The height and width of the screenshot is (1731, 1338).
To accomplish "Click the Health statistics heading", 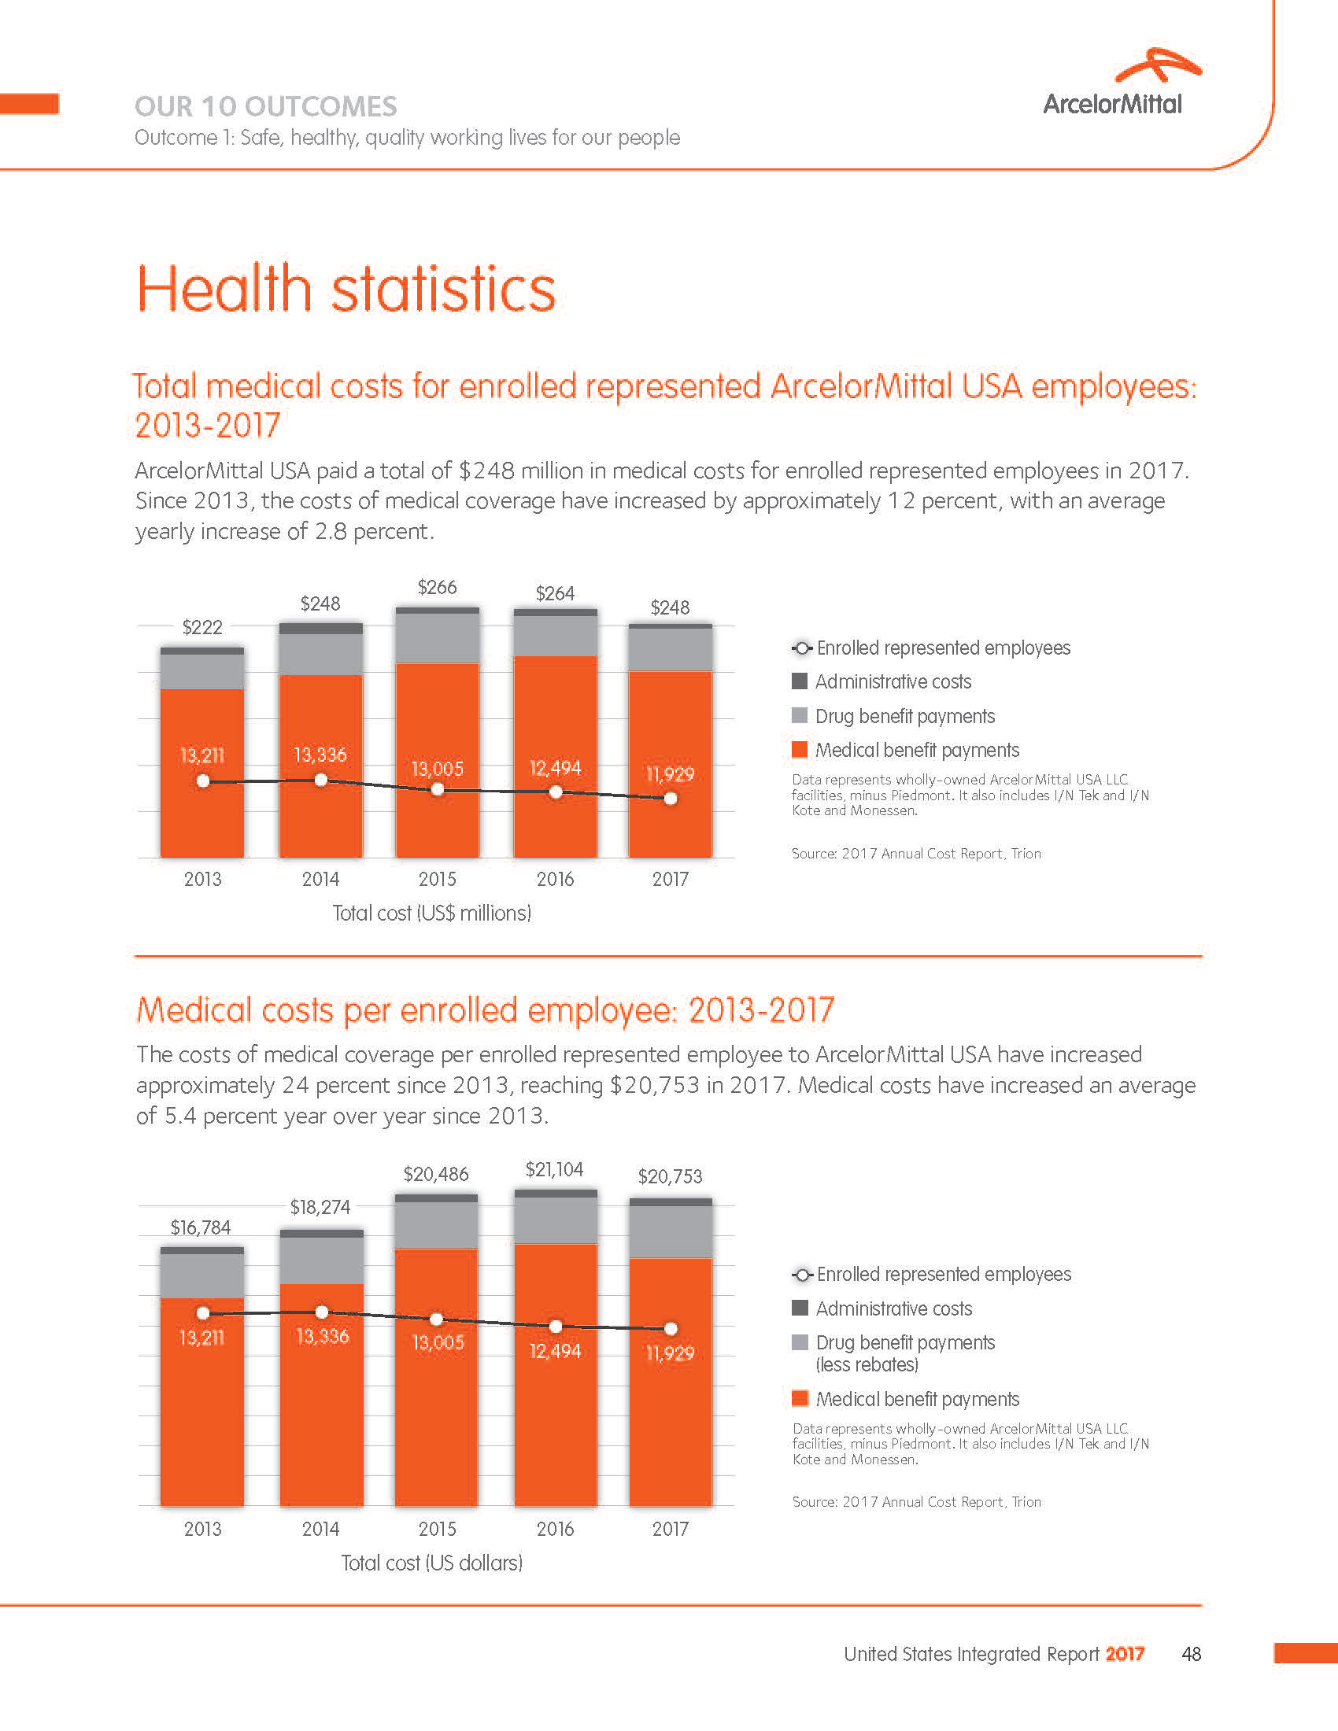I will [x=346, y=289].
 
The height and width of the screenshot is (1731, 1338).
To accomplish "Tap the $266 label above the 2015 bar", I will [x=438, y=587].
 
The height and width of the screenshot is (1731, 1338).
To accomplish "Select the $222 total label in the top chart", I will [x=202, y=628].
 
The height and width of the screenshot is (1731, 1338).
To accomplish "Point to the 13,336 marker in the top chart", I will [x=321, y=781].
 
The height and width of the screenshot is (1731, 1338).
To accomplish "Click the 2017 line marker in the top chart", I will [x=671, y=799].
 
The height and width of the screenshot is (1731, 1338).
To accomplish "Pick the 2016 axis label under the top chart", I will [x=555, y=879].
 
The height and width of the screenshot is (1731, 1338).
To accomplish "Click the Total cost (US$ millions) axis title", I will [x=431, y=913].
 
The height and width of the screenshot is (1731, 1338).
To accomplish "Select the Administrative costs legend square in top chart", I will [x=800, y=681].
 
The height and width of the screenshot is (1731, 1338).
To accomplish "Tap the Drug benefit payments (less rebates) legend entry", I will [x=904, y=1354].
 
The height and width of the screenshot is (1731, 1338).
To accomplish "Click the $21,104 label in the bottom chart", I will [x=554, y=1169].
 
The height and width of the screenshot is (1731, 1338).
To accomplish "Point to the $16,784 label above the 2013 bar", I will [x=201, y=1227].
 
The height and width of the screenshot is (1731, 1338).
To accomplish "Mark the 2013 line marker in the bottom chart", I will [x=203, y=1313].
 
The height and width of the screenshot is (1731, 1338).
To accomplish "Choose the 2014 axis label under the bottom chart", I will [x=320, y=1529].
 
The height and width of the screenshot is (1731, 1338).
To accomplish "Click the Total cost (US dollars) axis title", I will [x=431, y=1563].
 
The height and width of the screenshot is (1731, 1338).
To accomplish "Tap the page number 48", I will [x=1191, y=1654].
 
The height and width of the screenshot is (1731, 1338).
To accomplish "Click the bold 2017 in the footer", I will [x=1125, y=1654].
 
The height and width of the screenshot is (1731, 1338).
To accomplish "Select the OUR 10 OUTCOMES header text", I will [x=265, y=106].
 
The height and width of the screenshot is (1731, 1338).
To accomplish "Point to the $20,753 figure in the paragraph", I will [x=654, y=1085].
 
